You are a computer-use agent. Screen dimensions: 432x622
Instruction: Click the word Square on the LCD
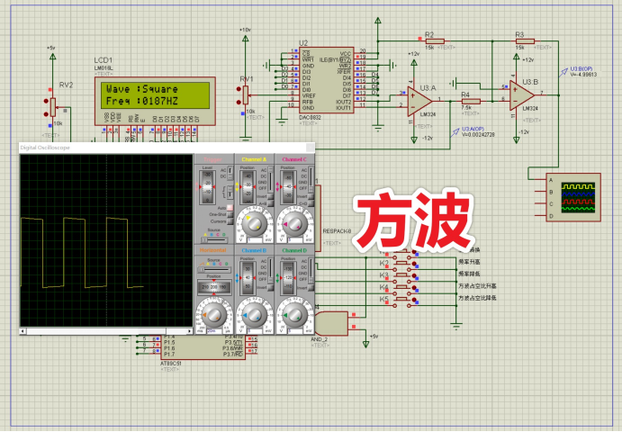tap(158, 90)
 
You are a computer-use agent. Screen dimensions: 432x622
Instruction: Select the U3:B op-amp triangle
tap(521, 94)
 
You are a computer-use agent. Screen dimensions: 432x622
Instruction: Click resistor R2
tap(429, 40)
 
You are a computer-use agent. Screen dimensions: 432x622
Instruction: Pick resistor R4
tap(465, 101)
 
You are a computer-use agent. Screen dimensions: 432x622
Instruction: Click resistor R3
tap(523, 40)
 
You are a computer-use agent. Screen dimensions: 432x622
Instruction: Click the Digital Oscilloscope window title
tap(45, 146)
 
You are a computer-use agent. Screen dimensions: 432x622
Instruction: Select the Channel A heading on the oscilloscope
tap(255, 159)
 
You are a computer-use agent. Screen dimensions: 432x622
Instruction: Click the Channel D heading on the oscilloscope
tap(293, 249)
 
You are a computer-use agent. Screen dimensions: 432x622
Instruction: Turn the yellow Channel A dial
tap(254, 222)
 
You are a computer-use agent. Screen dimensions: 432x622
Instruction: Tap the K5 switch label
tap(383, 298)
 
